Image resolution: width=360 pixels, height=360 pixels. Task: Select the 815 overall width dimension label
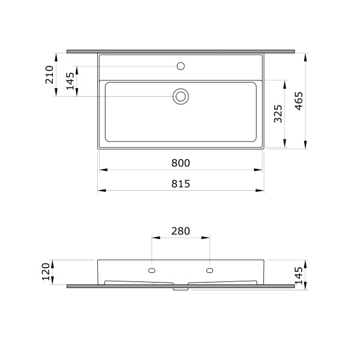coord(181,184)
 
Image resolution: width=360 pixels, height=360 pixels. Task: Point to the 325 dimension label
coord(277,113)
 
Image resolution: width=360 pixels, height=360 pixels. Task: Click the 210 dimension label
coord(50,75)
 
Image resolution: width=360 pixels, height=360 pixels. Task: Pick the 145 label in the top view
coord(71,81)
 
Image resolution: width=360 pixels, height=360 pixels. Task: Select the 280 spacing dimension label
coord(181,230)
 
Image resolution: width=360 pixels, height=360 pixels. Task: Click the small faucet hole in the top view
coord(181,65)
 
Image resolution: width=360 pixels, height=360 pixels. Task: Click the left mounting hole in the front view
coord(152,271)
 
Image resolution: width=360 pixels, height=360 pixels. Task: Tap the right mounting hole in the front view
coord(209,271)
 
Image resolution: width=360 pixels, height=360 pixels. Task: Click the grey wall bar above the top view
coord(181,52)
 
